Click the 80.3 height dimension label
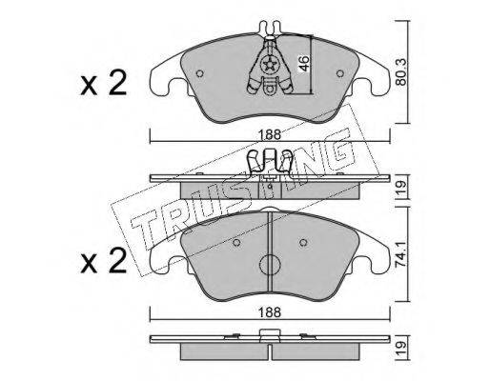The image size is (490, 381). [x=402, y=72]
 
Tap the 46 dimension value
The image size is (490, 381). [x=303, y=64]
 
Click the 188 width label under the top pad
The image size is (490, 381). [x=270, y=134]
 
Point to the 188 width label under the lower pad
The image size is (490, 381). [x=270, y=312]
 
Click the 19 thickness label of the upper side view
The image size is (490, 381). [x=402, y=189]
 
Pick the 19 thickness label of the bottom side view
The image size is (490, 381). [x=402, y=349]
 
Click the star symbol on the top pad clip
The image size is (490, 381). [x=270, y=66]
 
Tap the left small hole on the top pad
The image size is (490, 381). [x=199, y=73]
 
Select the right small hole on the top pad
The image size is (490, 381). [x=340, y=73]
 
